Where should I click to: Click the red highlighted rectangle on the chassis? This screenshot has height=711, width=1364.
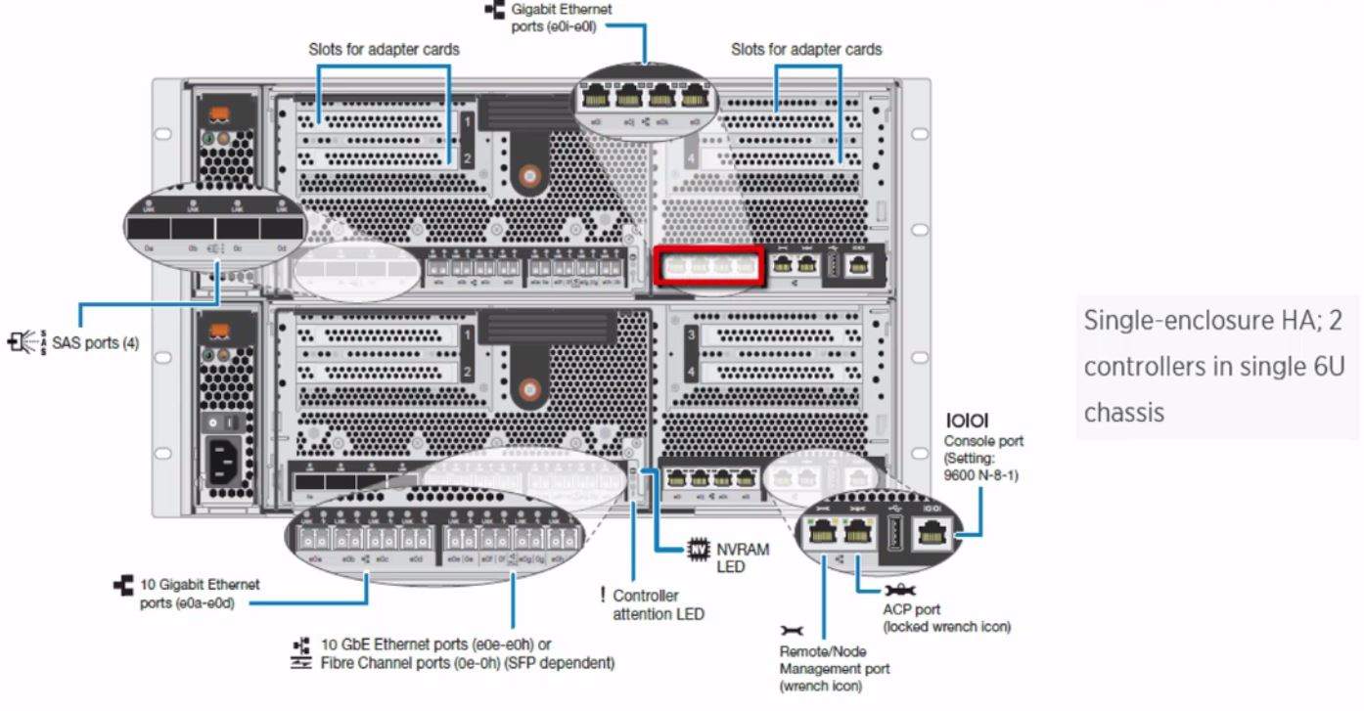coord(707,266)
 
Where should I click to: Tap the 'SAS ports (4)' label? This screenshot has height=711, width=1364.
coord(95,343)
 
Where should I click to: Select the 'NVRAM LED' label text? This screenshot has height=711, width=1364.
coord(744,558)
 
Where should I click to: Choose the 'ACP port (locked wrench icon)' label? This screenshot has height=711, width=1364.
coord(945,618)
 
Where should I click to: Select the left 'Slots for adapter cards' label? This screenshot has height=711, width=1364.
coord(384,48)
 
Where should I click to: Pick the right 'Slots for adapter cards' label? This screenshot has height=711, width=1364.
coord(806,49)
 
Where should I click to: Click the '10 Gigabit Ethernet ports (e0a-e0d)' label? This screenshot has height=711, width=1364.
coord(200,592)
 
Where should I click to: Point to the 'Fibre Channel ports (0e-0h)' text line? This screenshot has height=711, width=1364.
coord(467,663)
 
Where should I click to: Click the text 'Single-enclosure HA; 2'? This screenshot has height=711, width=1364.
coord(1211,321)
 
